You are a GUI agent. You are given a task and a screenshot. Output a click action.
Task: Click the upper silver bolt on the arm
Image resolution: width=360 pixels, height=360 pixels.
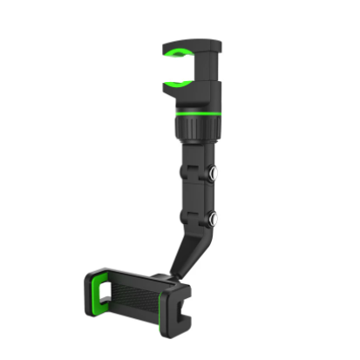pyautogui.click(x=212, y=175)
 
